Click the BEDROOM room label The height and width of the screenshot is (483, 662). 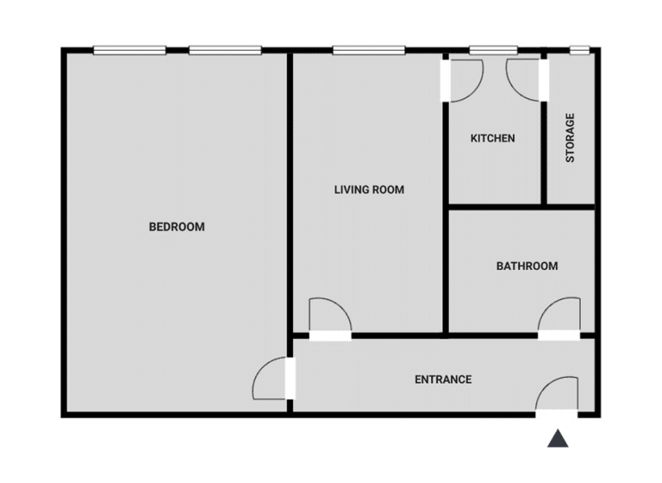pos(177,228)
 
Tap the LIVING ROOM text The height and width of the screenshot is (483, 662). pos(369,190)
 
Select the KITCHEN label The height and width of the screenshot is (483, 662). pos(492,138)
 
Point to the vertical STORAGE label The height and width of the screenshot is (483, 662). pos(570,138)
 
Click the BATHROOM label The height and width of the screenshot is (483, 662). pos(526,266)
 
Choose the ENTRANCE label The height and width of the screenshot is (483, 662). pos(443,379)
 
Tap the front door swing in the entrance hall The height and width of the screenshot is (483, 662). pos(556,395)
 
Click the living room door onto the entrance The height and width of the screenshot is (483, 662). pos(330,316)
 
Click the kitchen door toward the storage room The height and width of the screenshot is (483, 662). pos(524,78)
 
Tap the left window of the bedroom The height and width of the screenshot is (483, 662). pos(129,51)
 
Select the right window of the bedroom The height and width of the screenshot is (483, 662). pos(225,51)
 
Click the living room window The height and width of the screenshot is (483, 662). pos(369,51)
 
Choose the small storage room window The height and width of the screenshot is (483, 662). pos(579,51)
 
